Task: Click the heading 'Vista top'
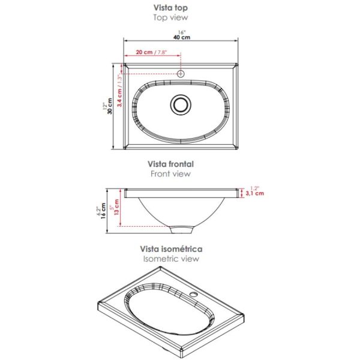click(170, 8)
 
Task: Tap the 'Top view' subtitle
click(170, 17)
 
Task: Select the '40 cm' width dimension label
click(182, 37)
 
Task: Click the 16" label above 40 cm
click(182, 32)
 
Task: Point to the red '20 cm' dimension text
click(144, 52)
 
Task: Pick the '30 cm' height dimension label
click(110, 106)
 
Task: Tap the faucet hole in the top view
click(181, 74)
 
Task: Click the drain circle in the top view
click(181, 104)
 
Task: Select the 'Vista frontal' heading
click(170, 164)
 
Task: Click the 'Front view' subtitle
click(170, 174)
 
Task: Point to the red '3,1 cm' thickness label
click(255, 193)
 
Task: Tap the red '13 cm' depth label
click(117, 207)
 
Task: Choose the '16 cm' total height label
click(104, 211)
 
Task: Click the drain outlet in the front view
click(182, 230)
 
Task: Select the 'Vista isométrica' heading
click(171, 249)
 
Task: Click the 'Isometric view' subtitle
click(171, 259)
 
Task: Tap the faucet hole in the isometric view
click(194, 295)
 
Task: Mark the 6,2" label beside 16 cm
click(98, 211)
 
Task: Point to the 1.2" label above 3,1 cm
click(254, 188)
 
